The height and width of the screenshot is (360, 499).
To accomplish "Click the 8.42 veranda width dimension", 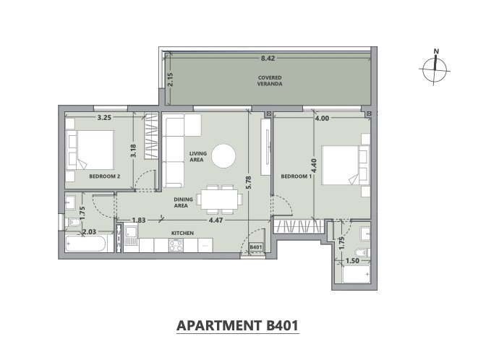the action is coord(268,59).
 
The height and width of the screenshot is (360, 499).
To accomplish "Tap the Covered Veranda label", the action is coord(270,81).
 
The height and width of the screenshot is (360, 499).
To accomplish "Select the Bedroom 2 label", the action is coord(105,176).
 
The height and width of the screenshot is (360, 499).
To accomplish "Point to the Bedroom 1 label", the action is coord(297,176).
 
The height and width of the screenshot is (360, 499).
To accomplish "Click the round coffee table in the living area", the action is coord(223,156).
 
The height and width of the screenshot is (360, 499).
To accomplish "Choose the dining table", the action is coord(219,200).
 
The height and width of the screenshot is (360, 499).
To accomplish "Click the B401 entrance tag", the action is coord(255,247).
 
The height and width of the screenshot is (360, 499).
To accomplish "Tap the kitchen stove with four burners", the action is coord(176,245).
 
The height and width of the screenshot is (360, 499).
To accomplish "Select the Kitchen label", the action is coord(182,233).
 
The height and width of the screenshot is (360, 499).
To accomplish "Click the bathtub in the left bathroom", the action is coord(86,244).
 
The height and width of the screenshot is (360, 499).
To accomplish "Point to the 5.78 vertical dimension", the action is coord(249,183).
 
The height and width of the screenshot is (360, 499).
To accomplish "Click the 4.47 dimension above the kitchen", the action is coord(216,220).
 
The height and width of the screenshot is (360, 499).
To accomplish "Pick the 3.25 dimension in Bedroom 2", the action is coord(104,118).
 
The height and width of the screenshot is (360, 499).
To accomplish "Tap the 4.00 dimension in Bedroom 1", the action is coord(322,119).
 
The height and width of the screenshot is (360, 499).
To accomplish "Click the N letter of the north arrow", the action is coord(436,51).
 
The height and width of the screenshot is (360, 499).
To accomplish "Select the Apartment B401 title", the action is coord(238,325).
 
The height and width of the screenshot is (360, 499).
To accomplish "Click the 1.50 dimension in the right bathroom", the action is coord(352,261).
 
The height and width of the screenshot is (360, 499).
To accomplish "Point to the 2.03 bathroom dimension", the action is coord(89,232).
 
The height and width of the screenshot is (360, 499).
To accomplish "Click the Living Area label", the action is coord(198,156).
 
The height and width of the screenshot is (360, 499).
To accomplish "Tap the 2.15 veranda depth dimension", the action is coord(170,80).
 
